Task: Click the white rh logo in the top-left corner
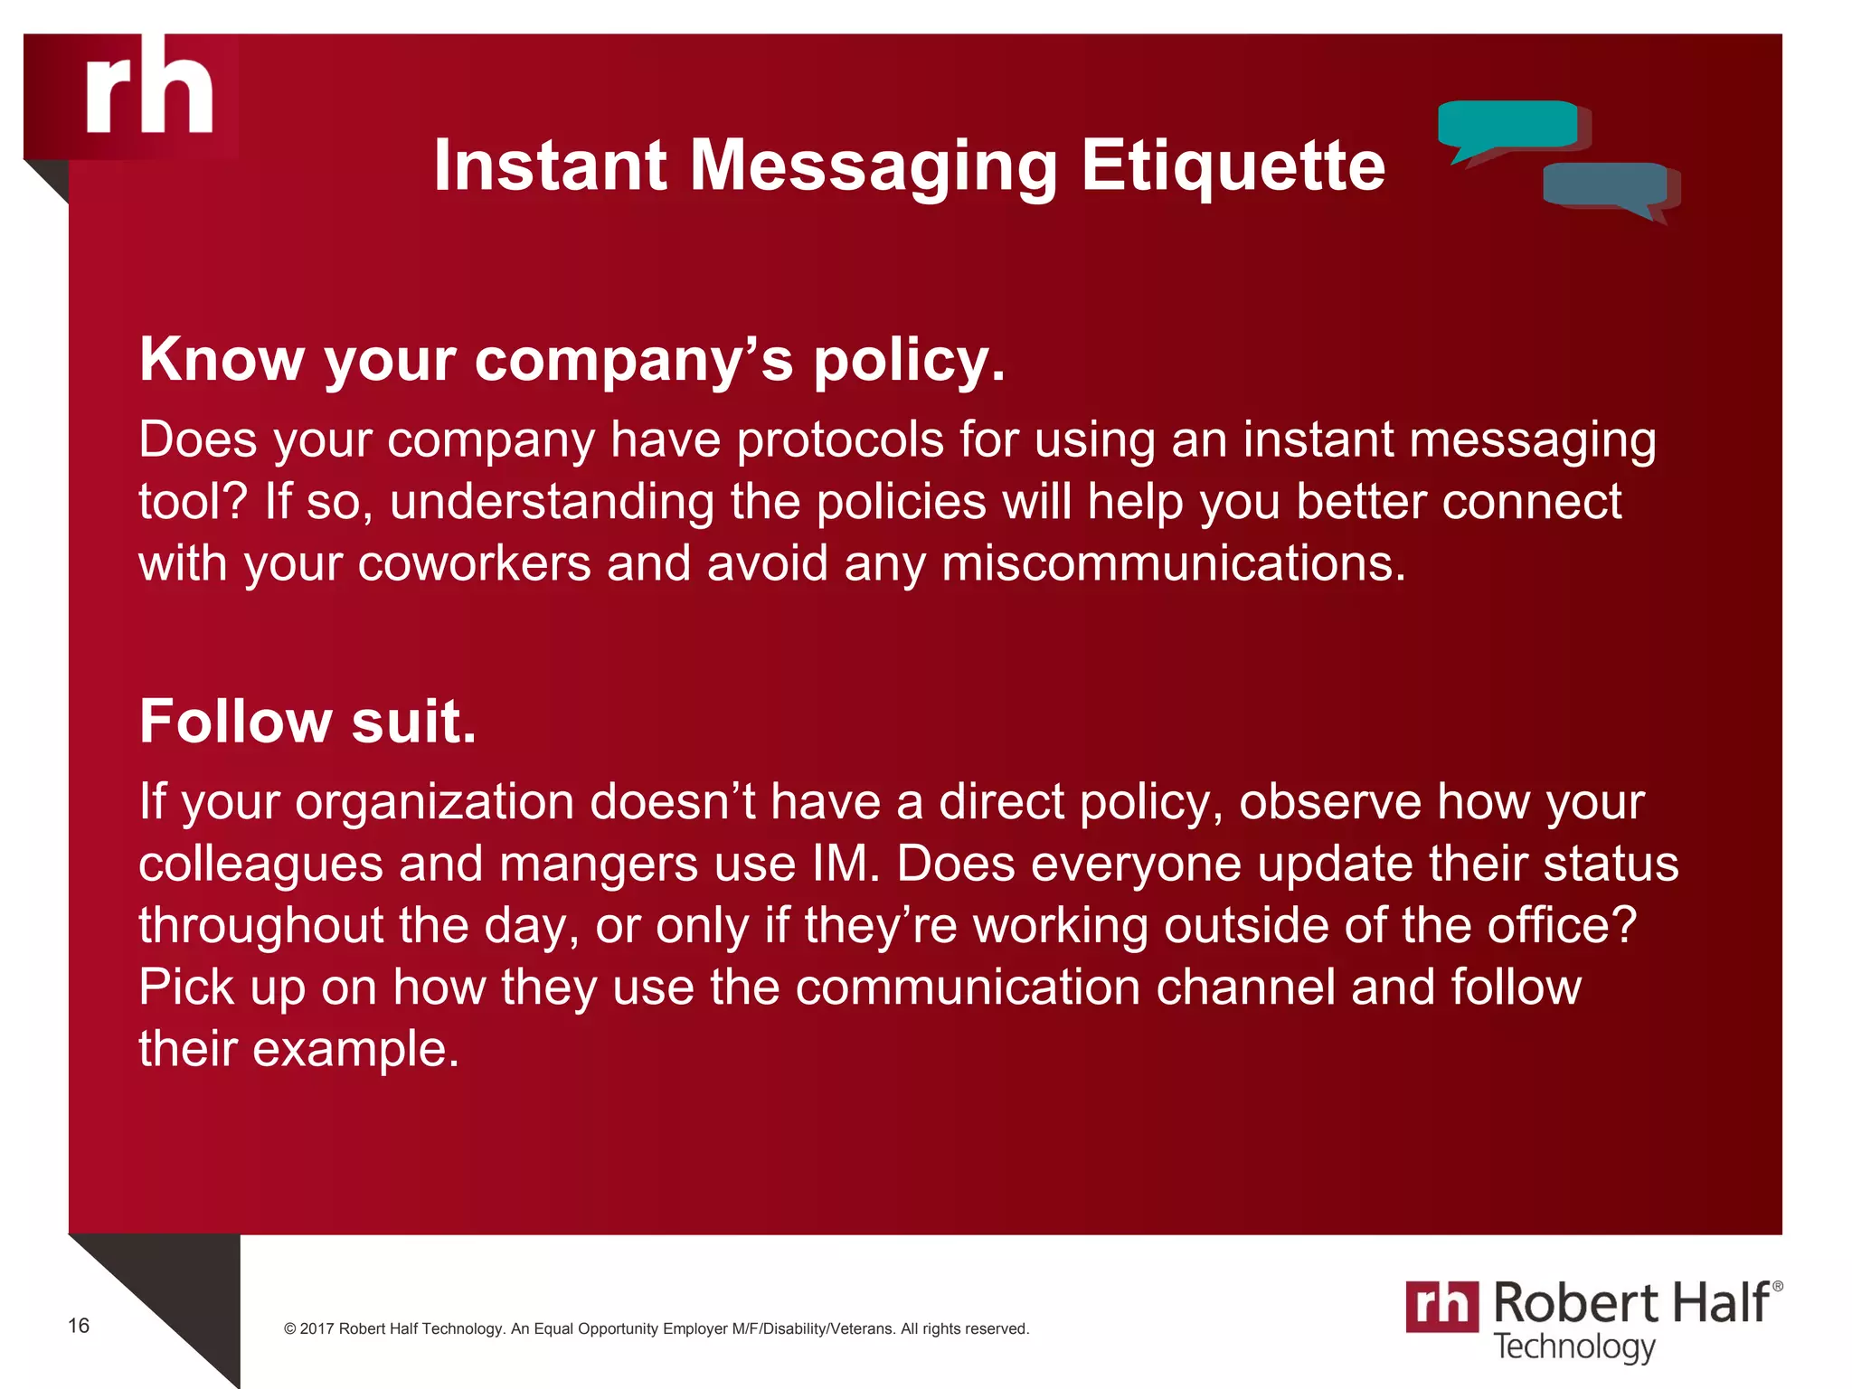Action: tap(150, 88)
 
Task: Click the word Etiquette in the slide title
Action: tap(1233, 165)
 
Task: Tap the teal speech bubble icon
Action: tap(1507, 126)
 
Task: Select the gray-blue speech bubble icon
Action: tap(1605, 185)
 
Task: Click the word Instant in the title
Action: tap(550, 165)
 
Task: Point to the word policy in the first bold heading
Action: tap(909, 361)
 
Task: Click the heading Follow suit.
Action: tap(307, 722)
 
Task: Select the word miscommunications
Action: tap(1174, 563)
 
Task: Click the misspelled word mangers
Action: tap(599, 864)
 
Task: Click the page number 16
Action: tap(79, 1326)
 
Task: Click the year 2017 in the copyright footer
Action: tap(317, 1328)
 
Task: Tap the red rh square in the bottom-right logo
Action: tap(1441, 1307)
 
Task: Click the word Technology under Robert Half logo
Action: tap(1573, 1346)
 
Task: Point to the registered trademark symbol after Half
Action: tap(1777, 1286)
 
